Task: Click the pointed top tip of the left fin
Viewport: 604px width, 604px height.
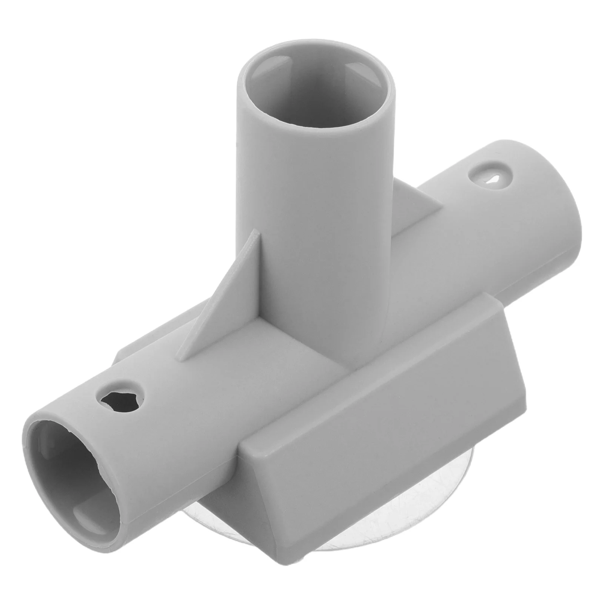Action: click(257, 236)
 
